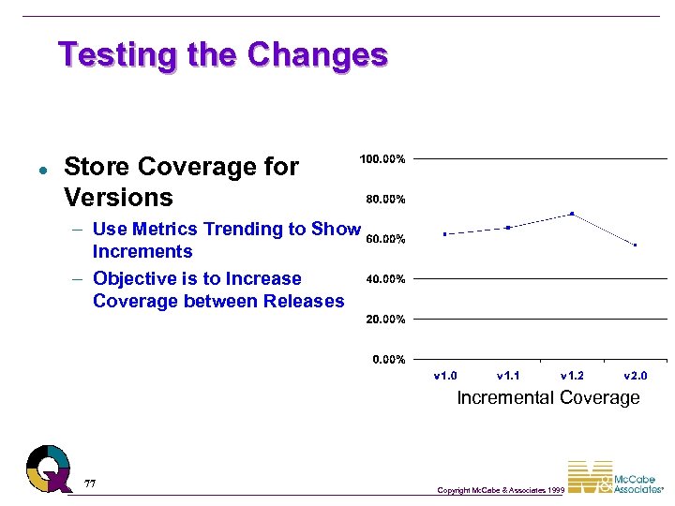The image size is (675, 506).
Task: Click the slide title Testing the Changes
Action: click(222, 54)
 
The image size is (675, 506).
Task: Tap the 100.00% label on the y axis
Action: click(382, 159)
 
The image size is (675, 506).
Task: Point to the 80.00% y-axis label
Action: click(384, 199)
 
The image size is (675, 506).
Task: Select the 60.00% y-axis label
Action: click(384, 239)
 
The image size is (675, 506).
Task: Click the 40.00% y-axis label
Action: click(384, 279)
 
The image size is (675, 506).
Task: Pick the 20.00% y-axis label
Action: click(384, 320)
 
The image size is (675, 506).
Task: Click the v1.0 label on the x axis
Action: click(445, 376)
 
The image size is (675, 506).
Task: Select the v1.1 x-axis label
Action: click(509, 376)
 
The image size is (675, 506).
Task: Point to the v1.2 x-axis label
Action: click(572, 376)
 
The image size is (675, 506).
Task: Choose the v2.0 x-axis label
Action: click(636, 376)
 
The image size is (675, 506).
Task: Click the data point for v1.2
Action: click(572, 214)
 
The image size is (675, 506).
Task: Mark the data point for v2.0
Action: click(636, 246)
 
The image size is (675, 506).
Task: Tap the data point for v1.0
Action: click(445, 234)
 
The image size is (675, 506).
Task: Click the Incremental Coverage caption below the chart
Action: click(547, 397)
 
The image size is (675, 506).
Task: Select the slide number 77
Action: click(90, 484)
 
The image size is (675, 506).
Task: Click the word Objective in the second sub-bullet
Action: click(132, 278)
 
